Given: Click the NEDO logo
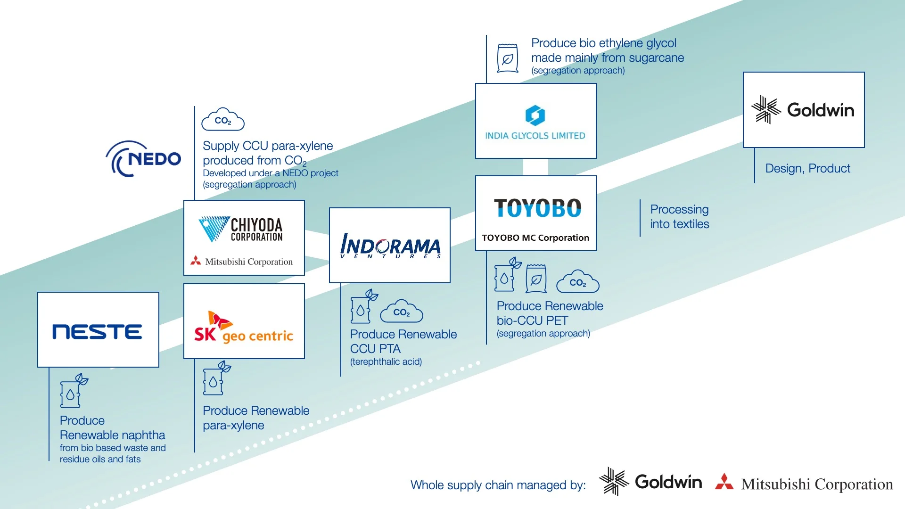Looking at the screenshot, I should pos(144,159).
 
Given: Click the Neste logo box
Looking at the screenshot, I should pos(98,330).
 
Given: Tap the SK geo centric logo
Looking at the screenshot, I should pos(244,327).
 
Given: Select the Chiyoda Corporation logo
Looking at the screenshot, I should pos(241,229).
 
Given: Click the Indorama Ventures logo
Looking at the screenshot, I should pos(390,246).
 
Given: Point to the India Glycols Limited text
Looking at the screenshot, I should pos(535,136).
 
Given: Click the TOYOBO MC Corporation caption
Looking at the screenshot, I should pos(535,238).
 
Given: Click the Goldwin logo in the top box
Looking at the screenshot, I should pos(803,110).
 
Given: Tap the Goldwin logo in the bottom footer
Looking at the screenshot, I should pos(650,482).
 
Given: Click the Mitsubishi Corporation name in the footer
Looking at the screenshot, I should pos(816,484).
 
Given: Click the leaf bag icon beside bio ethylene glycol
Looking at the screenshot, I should pos(508,58).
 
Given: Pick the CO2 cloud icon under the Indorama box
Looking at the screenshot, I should pos(402,312).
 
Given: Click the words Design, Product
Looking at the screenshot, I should pos(807,168).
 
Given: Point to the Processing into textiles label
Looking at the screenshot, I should pos(679,217).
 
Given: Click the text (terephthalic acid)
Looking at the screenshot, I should pos(386,362).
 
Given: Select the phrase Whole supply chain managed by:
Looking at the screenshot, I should pos(498,485).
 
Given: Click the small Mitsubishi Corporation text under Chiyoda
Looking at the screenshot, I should pos(248,262).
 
